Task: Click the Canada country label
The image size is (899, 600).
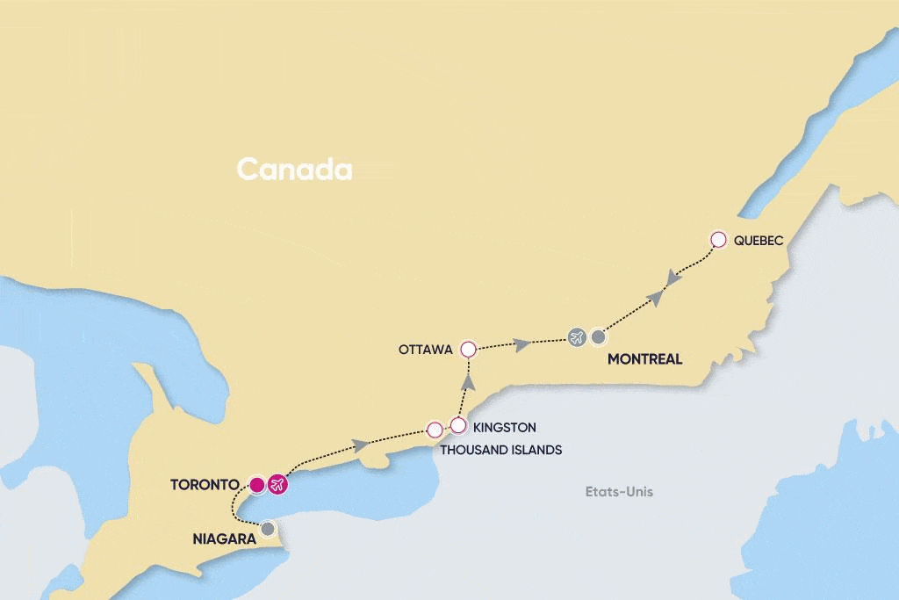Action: coord(294,170)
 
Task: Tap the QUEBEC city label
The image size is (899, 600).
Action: coord(758,240)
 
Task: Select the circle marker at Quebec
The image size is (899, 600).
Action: coord(718,239)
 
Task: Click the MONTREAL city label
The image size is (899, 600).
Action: coord(645,359)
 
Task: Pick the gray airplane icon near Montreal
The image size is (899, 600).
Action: coord(576,336)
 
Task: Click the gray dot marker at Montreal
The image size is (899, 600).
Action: coord(598,336)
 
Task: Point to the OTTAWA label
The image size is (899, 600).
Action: coord(425,350)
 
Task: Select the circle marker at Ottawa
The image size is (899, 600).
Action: coord(468,350)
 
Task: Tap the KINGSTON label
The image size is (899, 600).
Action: coord(504,428)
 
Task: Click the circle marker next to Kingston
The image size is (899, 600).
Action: coord(457,425)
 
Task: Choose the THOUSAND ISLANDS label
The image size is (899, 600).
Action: coord(500,450)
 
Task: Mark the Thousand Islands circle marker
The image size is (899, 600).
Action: coord(434,430)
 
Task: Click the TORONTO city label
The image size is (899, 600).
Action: coord(205,484)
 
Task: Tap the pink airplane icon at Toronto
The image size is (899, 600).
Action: coord(277,484)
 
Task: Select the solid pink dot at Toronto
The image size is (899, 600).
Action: coord(256,484)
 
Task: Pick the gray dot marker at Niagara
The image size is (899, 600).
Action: coord(268,529)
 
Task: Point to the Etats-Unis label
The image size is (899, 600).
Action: coord(619,492)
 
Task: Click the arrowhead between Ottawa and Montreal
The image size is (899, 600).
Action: coord(522,344)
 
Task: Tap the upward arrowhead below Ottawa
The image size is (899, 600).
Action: coord(468,381)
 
